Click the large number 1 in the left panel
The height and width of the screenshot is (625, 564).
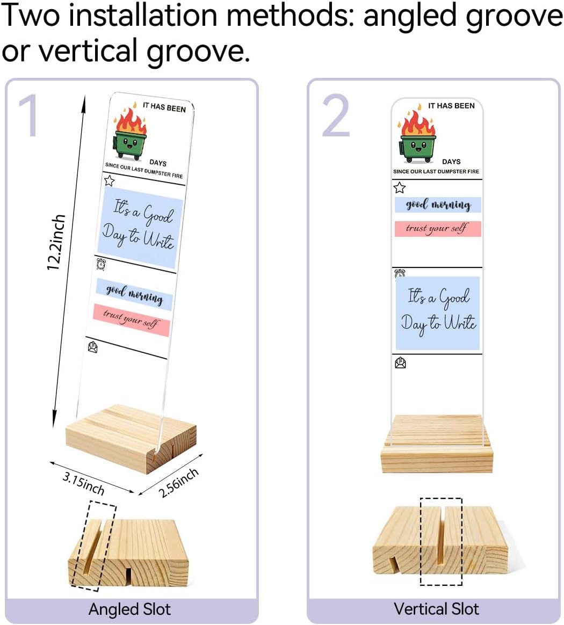click(x=28, y=115)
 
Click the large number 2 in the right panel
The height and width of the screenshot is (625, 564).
click(x=336, y=115)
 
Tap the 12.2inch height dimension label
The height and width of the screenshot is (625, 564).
click(x=56, y=242)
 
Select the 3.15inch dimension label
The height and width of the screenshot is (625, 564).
click(x=83, y=483)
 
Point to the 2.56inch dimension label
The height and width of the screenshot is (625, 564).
click(x=178, y=483)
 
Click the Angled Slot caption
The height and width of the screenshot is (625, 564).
click(x=129, y=609)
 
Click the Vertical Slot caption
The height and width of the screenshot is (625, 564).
click(x=436, y=609)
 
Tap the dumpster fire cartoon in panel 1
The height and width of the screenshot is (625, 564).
click(x=129, y=132)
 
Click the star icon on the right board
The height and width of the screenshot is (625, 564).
click(x=399, y=187)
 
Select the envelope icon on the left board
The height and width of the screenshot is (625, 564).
click(x=92, y=347)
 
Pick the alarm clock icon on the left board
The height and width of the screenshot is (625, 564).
click(x=102, y=264)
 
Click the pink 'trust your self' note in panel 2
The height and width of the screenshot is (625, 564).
click(x=438, y=229)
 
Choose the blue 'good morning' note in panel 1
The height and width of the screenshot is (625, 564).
click(x=134, y=295)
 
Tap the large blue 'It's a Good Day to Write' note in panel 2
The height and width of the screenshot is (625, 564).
click(x=438, y=313)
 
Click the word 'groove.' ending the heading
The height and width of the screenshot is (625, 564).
click(x=198, y=50)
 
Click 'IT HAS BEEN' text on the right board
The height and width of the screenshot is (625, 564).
click(x=451, y=106)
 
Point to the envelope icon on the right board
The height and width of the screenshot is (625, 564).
click(x=400, y=363)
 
